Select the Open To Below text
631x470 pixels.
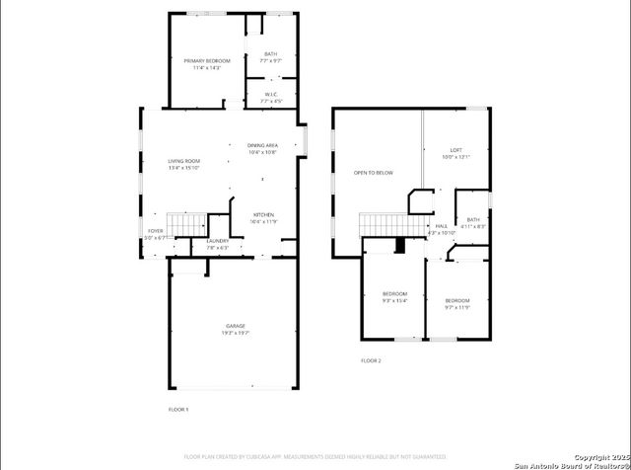pyautogui.click(x=373, y=173)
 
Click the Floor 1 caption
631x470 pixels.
pyautogui.click(x=178, y=409)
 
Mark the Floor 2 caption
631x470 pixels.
pyautogui.click(x=371, y=360)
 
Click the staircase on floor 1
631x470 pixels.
pyautogui.click(x=186, y=224)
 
